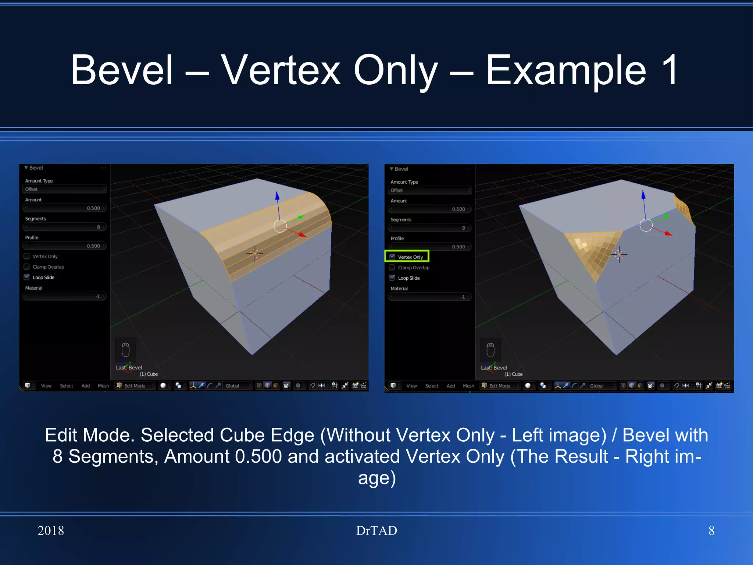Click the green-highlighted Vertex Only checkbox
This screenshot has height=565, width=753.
pyautogui.click(x=392, y=257)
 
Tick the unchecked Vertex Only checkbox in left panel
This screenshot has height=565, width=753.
pyautogui.click(x=27, y=256)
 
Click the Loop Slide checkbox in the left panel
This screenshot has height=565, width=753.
pyautogui.click(x=27, y=277)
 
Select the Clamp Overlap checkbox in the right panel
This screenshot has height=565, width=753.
pyautogui.click(x=392, y=267)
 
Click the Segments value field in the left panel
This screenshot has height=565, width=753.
pyautogui.click(x=64, y=227)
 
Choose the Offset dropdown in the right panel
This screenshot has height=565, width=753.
pyautogui.click(x=429, y=190)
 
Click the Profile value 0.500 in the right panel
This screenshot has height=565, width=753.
pyautogui.click(x=429, y=247)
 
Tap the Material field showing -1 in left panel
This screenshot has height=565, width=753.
pyautogui.click(x=64, y=296)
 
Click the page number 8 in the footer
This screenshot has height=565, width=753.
pyautogui.click(x=711, y=530)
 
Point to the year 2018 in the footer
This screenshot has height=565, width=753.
pyautogui.click(x=51, y=530)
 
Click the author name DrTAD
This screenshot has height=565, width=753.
pyautogui.click(x=376, y=530)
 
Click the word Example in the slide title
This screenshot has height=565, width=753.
pyautogui.click(x=566, y=70)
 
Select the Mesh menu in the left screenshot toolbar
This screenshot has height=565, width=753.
pyautogui.click(x=103, y=386)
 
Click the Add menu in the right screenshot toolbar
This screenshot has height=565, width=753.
pyautogui.click(x=451, y=386)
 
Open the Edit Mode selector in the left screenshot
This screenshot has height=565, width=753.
pyautogui.click(x=135, y=386)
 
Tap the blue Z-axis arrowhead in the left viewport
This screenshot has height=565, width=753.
pyautogui.click(x=277, y=195)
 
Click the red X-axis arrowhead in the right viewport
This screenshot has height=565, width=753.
pyautogui.click(x=668, y=233)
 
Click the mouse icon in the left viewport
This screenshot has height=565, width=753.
pyautogui.click(x=126, y=349)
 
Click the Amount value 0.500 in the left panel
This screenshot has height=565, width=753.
pyautogui.click(x=64, y=208)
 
